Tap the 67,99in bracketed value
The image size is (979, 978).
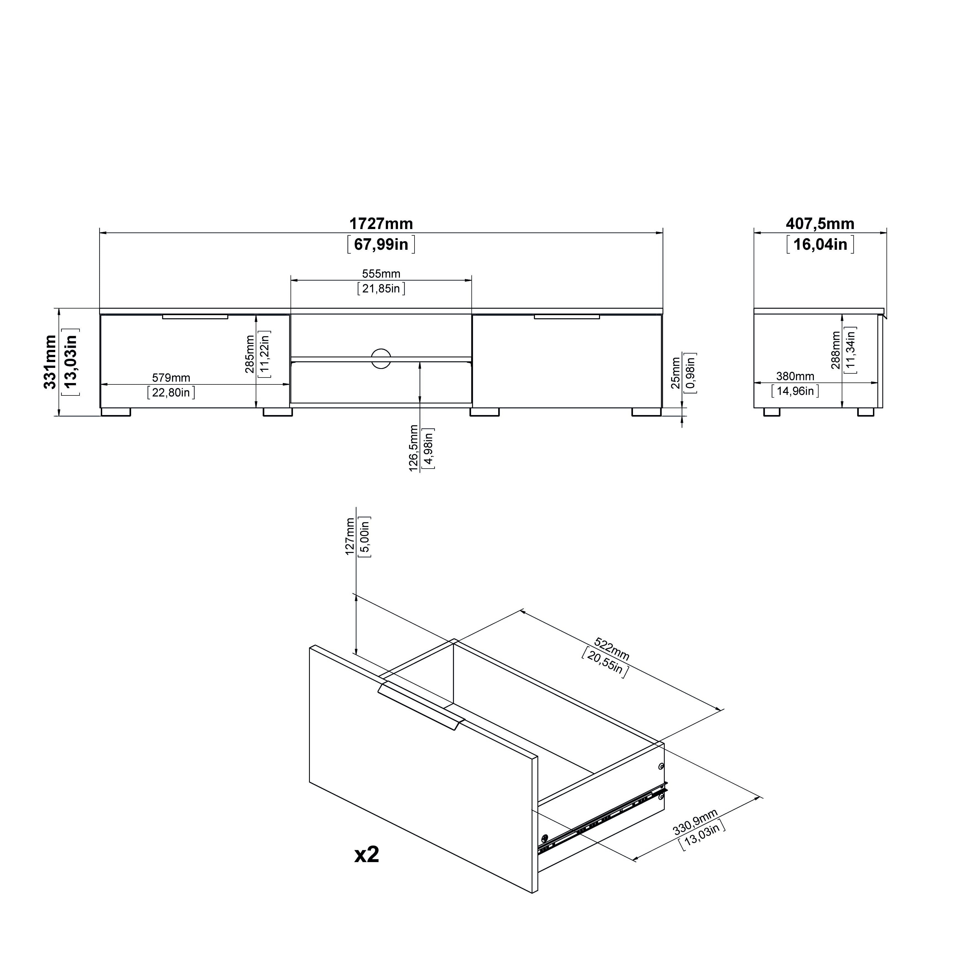[x=381, y=244]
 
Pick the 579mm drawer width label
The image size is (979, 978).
[x=171, y=378]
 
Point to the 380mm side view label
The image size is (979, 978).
[x=795, y=376]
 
